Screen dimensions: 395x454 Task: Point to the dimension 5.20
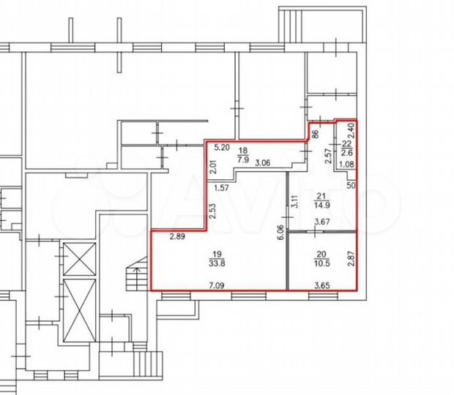pos(223,146)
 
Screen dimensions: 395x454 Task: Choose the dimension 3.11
pos(294,198)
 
